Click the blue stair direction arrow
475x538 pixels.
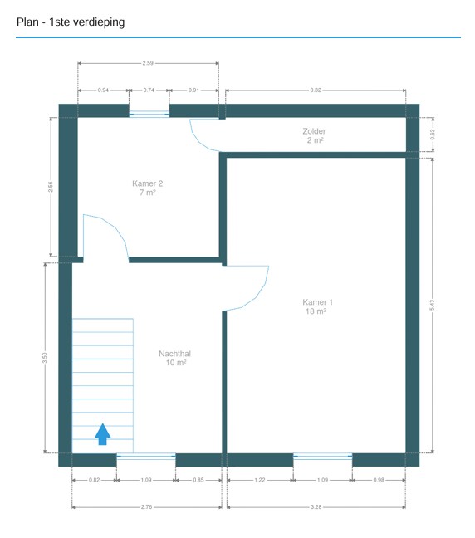[103, 434]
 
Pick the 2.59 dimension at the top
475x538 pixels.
[148, 63]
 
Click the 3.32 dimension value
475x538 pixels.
[316, 90]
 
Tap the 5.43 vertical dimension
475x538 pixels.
[432, 305]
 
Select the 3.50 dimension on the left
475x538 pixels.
[45, 358]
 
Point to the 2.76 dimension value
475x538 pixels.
[146, 506]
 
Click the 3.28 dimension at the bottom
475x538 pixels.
[316, 506]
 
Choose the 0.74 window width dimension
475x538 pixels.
[149, 90]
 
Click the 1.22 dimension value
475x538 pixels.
[260, 480]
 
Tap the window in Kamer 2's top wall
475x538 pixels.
[149, 114]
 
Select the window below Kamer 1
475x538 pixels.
[322, 456]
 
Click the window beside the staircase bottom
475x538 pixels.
[146, 456]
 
